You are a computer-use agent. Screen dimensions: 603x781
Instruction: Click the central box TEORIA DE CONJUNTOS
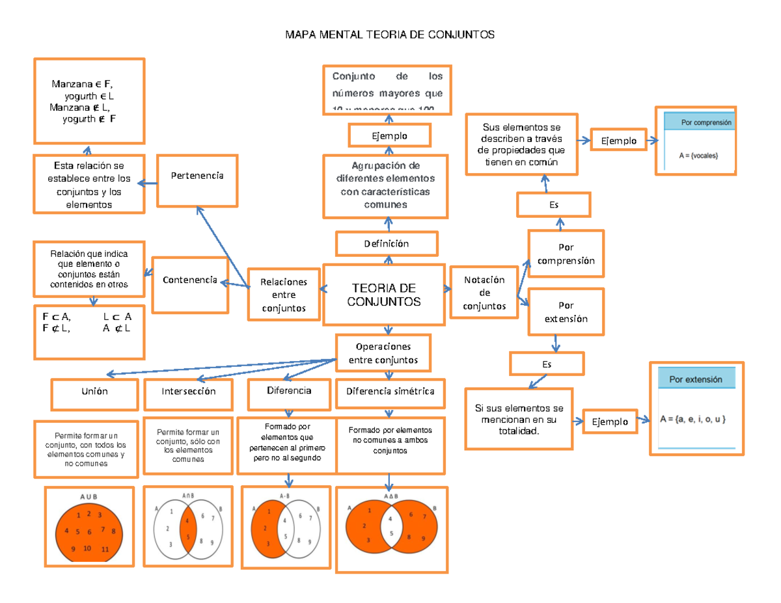[x=383, y=295]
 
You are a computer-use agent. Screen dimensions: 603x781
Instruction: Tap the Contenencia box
[x=189, y=284]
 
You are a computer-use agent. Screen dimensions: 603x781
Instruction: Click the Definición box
[x=387, y=244]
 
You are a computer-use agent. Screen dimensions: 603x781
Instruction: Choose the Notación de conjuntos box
[x=484, y=292]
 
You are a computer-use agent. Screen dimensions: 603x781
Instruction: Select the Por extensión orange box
[x=566, y=312]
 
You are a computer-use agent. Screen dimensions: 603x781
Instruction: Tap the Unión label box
[x=95, y=392]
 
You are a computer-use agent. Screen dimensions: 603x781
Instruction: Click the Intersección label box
[x=188, y=392]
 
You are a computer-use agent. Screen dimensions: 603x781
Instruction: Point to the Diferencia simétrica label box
[x=390, y=392]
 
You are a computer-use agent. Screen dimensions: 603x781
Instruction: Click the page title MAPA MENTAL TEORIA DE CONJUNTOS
[x=390, y=34]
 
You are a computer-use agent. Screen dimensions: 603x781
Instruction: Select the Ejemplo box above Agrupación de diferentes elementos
[x=389, y=136]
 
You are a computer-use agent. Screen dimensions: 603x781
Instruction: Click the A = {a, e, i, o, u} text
[x=692, y=420]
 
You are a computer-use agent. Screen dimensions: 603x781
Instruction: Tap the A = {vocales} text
[x=698, y=155]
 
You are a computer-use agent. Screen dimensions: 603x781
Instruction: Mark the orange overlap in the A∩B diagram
[x=187, y=528]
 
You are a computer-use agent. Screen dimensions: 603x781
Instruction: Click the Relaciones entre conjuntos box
[x=284, y=294]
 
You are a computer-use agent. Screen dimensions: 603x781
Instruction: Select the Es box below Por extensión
[x=547, y=364]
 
